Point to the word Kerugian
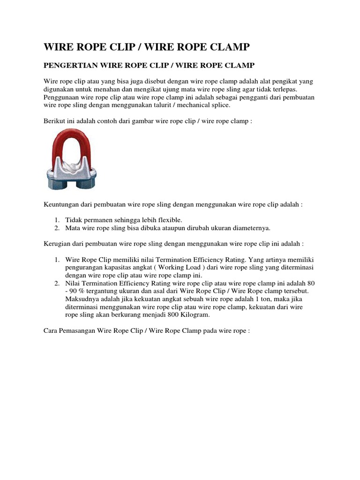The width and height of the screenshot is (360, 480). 58,244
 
